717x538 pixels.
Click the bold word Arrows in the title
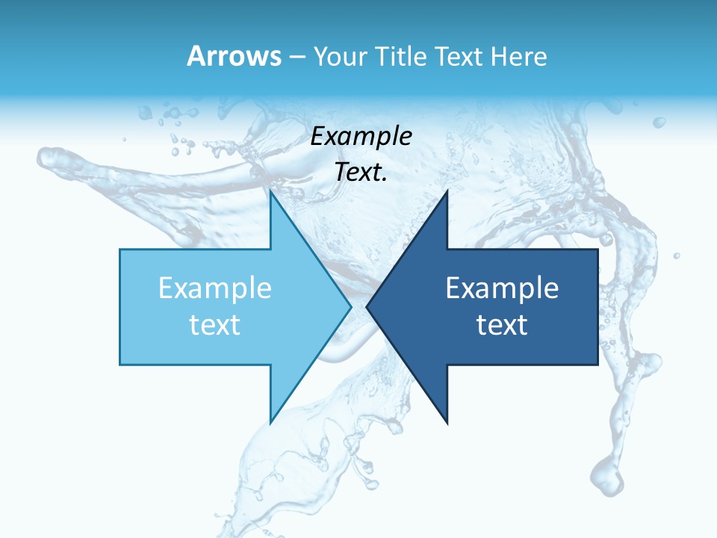coord(234,56)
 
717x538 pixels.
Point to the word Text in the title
coord(457,56)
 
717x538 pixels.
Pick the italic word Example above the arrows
coord(361,136)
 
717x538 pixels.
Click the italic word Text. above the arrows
coord(361,173)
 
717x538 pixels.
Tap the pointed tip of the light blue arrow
coord(350,306)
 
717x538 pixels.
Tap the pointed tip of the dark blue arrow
coord(367,306)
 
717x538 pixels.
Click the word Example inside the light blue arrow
coord(215,288)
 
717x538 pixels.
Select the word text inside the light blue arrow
coord(215,324)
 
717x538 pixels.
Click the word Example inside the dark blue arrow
coord(502,288)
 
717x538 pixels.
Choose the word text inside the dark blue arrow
coord(502,324)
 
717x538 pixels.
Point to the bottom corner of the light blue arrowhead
coord(270,423)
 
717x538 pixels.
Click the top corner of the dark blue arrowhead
coord(447,191)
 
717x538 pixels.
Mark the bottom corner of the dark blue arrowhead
coord(447,423)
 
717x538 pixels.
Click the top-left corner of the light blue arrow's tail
coord(120,250)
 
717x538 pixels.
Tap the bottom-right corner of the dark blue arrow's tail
coord(597,365)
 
